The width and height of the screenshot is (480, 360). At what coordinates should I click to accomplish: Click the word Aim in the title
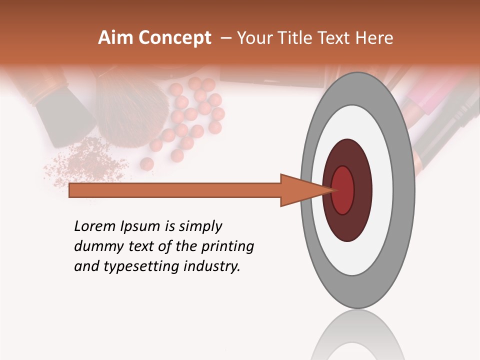tap(115, 38)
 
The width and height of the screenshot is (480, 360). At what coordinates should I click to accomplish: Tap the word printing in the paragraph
tap(227, 247)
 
